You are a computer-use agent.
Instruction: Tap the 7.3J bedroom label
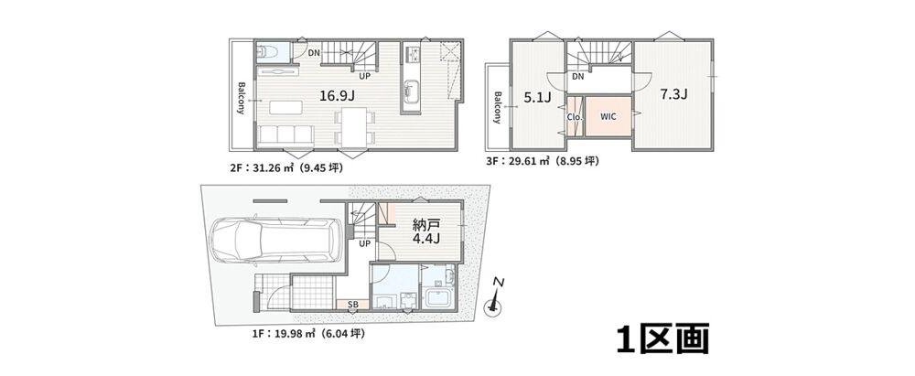(x=673, y=94)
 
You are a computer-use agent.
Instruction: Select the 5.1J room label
(x=537, y=98)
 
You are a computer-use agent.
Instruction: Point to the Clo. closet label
(x=574, y=116)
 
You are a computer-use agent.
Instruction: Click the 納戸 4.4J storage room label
(x=425, y=231)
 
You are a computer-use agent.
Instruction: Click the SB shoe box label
(x=352, y=305)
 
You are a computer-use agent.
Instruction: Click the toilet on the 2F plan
(x=266, y=51)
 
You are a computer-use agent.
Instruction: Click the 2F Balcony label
(x=241, y=98)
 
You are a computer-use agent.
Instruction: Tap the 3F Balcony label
(x=497, y=107)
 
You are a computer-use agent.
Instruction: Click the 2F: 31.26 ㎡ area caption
(x=285, y=168)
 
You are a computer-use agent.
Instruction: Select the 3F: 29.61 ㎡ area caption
(x=542, y=161)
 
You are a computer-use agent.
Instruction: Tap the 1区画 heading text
(x=662, y=338)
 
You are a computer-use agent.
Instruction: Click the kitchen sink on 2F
(x=409, y=91)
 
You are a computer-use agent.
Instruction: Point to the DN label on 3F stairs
(x=577, y=77)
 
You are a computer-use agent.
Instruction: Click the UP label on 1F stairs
(x=365, y=244)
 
